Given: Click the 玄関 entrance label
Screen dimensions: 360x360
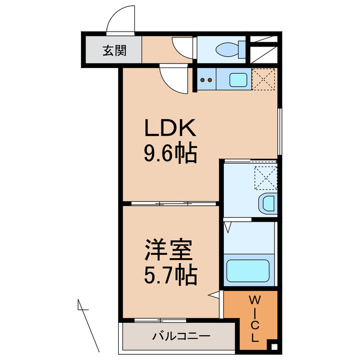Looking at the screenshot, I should click(114, 51).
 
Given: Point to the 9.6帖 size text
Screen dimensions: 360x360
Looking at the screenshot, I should click(170, 152).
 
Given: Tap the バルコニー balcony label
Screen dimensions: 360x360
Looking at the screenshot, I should click(181, 336).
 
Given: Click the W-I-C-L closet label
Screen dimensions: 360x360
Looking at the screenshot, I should click(255, 318).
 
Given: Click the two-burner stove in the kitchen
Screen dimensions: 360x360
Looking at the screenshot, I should click(206, 79).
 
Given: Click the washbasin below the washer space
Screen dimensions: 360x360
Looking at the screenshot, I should click(267, 204).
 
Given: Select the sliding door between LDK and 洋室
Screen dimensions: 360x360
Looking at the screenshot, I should click(170, 202).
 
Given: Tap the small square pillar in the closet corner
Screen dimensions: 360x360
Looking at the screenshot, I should click(273, 347).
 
